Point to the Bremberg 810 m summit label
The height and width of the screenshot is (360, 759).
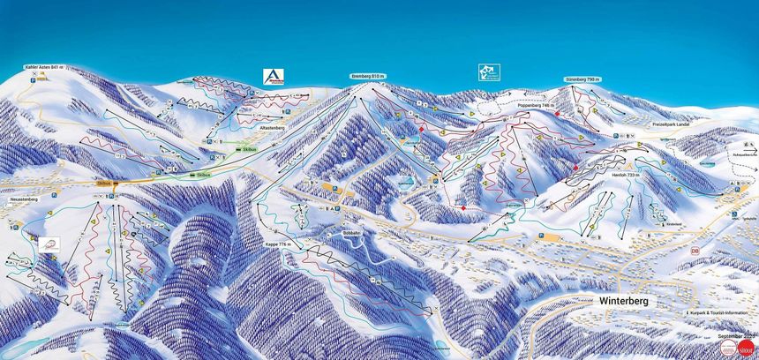(368, 76)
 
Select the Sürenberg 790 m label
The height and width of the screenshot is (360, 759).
(582, 79)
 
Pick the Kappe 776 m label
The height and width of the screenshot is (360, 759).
(278, 244)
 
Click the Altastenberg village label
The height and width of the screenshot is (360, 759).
(271, 127)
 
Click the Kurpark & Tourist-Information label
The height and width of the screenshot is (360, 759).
(721, 313)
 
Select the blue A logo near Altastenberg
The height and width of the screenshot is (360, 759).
(271, 78)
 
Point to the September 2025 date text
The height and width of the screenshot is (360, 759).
(735, 335)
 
